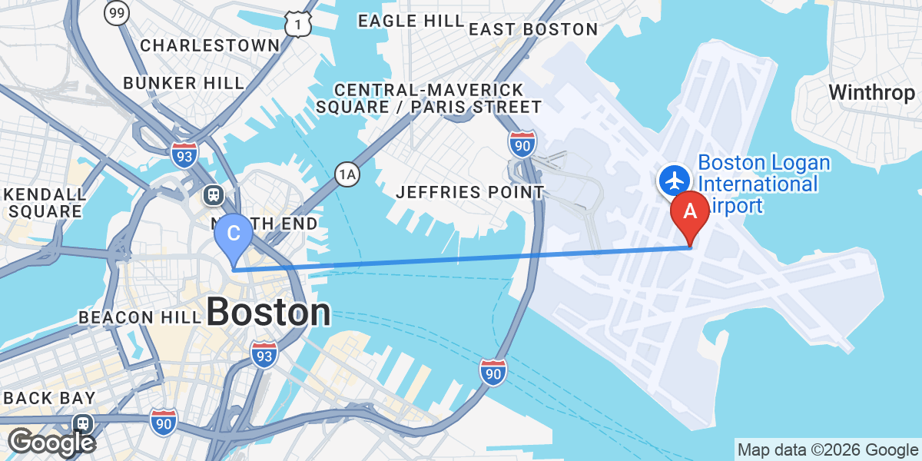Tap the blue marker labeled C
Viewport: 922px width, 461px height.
(x=232, y=234)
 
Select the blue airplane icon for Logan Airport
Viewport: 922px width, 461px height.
(x=675, y=181)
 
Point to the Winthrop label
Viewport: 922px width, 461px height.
(x=872, y=93)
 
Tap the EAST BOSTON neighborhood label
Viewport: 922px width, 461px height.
(x=532, y=29)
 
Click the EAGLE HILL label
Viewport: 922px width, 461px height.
(x=410, y=21)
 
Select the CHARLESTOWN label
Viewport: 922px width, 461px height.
(x=210, y=45)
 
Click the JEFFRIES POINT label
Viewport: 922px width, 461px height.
(x=469, y=192)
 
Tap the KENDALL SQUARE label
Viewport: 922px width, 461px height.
(x=45, y=202)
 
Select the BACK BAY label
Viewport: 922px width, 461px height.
(x=50, y=398)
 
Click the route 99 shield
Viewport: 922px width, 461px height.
(x=117, y=12)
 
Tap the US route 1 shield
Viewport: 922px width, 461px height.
(x=297, y=25)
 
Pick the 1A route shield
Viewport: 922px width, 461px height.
(x=347, y=175)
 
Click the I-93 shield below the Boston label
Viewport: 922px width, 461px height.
(x=264, y=355)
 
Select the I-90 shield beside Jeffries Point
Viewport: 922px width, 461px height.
(x=522, y=144)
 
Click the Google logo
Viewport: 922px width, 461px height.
(x=51, y=443)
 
